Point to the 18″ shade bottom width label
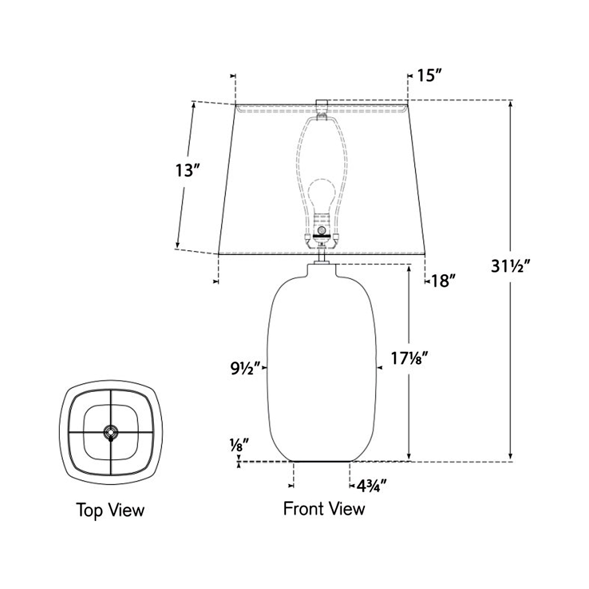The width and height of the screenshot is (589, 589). (444, 281)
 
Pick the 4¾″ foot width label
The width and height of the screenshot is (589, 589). (372, 486)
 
